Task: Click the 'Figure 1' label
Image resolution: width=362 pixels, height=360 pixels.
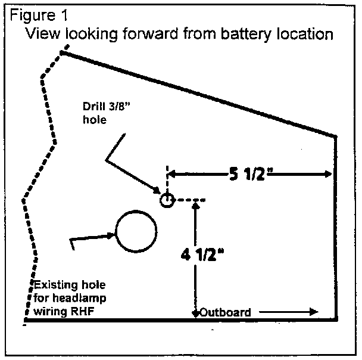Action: pyautogui.click(x=35, y=14)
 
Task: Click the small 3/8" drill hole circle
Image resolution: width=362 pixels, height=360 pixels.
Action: pyautogui.click(x=167, y=200)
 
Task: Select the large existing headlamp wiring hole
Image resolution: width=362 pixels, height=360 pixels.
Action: pyautogui.click(x=136, y=231)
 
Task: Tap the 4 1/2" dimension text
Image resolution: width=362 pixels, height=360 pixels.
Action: pyautogui.click(x=202, y=255)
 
